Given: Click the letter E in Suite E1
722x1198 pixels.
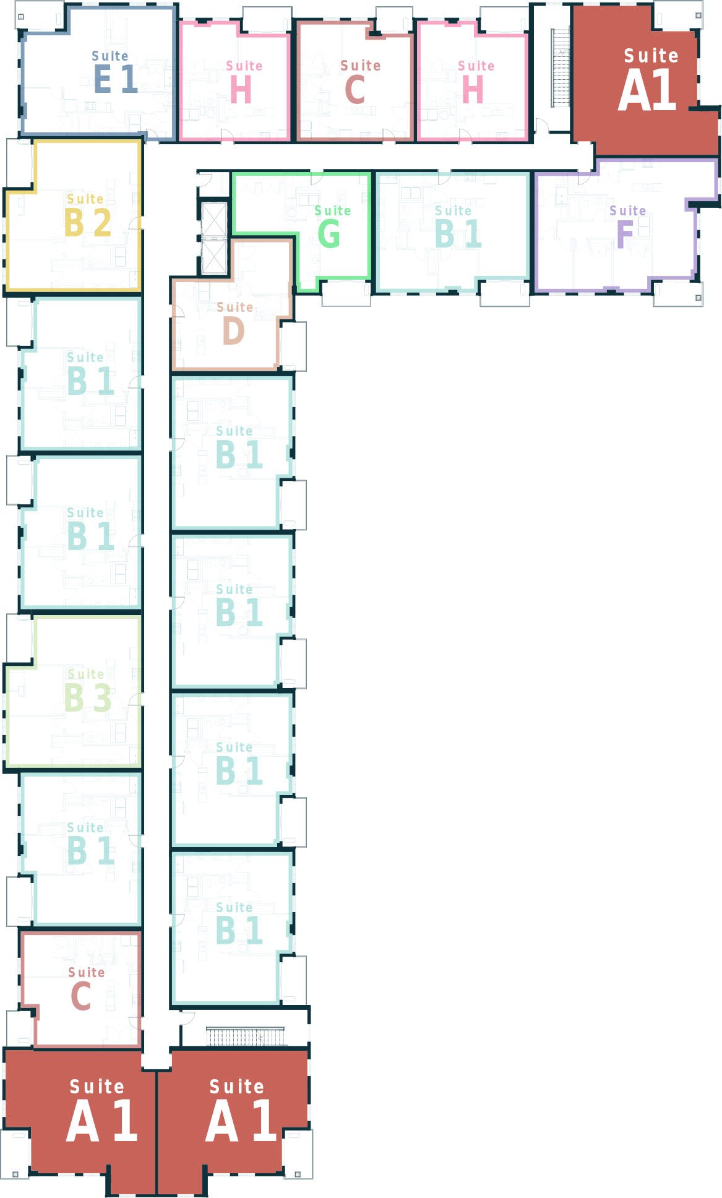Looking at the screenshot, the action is tap(102, 79).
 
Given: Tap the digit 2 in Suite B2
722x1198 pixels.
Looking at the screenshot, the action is tap(102, 223).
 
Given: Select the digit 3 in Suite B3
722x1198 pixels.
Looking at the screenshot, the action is tap(102, 698).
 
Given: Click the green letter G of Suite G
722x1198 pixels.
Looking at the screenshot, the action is tap(329, 234).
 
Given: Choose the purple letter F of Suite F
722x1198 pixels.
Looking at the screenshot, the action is tap(625, 234).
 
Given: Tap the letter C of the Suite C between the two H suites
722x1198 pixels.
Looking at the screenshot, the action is tap(355, 89).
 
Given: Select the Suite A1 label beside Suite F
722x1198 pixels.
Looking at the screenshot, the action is tap(650, 80).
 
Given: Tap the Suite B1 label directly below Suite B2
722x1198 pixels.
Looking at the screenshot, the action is tap(90, 373).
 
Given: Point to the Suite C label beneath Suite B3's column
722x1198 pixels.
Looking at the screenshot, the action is tap(87, 988).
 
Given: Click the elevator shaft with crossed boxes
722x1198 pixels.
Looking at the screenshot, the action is tap(214, 238).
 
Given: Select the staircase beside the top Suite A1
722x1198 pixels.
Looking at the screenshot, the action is tap(561, 67).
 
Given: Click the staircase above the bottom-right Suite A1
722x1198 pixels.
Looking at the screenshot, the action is tap(246, 1036).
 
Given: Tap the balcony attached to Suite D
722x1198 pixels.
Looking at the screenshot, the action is tap(293, 346).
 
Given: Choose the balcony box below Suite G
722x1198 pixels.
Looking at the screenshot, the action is tap(346, 293).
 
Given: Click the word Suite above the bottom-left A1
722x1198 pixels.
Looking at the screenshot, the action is tap(97, 1087).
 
